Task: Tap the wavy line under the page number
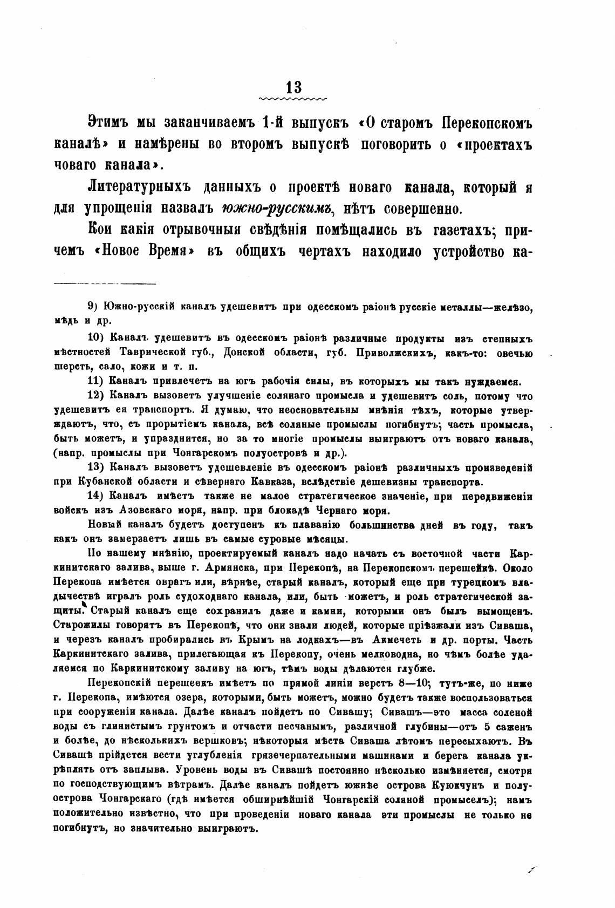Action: point(293,100)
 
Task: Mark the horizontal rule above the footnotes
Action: point(105,283)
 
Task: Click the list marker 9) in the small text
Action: point(92,307)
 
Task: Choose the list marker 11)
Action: point(94,382)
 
